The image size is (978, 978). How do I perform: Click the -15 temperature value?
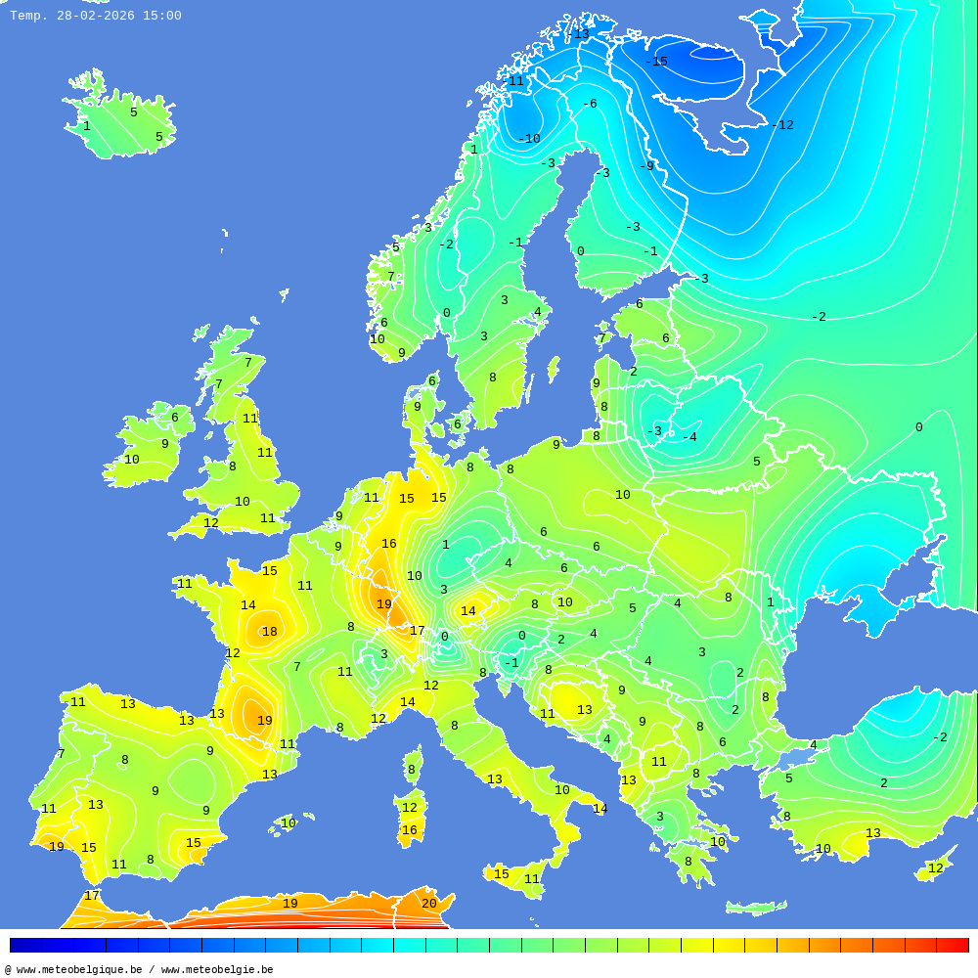(656, 62)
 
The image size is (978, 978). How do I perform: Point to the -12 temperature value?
(782, 125)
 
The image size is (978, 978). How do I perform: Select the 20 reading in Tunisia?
(429, 904)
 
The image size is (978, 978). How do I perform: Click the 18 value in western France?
(269, 632)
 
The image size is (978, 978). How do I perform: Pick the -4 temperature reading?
(689, 437)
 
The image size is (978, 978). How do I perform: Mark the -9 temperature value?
(646, 166)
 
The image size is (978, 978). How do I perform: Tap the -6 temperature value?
(589, 104)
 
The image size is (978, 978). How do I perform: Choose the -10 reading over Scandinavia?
(529, 139)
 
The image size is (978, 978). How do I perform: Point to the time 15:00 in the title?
(162, 16)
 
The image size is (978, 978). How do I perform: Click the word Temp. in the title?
(28, 16)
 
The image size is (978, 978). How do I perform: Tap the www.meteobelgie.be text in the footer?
(217, 970)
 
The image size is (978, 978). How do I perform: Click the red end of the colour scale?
(954, 945)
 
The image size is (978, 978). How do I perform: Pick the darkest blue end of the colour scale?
(25, 945)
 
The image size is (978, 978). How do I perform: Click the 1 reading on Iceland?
(86, 126)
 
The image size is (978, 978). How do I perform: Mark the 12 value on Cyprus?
(936, 868)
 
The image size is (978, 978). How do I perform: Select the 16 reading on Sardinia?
(410, 830)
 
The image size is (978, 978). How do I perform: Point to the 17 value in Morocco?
(92, 896)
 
